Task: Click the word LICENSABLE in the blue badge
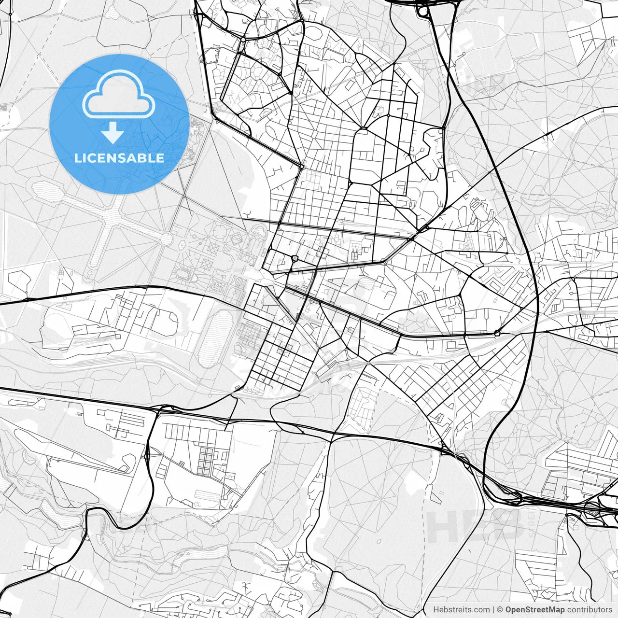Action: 119,158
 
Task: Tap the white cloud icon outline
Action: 118,95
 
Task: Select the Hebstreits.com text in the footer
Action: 461,610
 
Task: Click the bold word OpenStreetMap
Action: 535,610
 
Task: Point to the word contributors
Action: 590,610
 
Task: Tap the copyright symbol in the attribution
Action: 500,610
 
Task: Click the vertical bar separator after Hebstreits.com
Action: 493,610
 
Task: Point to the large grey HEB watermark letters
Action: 476,526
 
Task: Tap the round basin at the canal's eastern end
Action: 166,238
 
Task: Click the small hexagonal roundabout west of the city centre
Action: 295,258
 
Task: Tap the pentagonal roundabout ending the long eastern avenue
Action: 497,333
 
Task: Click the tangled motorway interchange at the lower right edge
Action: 596,507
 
